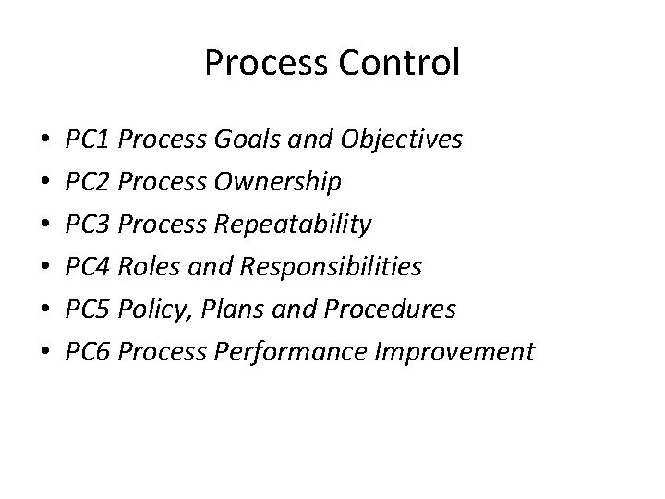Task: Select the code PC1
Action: (x=90, y=140)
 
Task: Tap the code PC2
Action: (x=90, y=183)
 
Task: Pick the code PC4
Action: (x=90, y=268)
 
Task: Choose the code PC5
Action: (x=90, y=310)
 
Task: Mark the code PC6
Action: (x=90, y=352)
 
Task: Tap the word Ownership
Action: (x=276, y=183)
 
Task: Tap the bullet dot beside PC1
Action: (x=45, y=141)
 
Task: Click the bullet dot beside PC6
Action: (x=45, y=353)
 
